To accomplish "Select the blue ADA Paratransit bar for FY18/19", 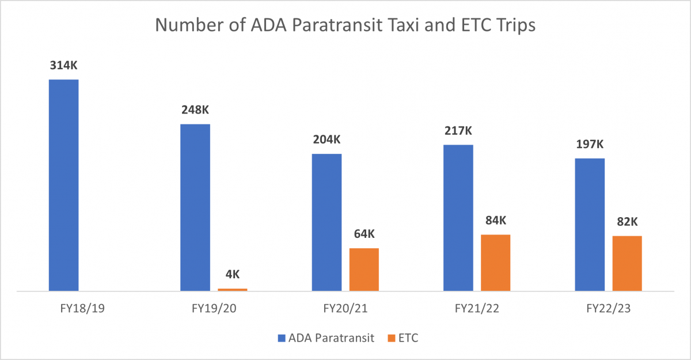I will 64,185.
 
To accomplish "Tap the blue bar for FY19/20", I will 195,207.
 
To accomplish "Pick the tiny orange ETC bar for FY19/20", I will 233,290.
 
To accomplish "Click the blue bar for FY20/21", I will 326,222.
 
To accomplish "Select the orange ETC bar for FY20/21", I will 364,270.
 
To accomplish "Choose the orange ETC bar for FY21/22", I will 496,263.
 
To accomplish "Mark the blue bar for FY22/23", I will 590,225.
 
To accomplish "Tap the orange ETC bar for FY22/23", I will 627,263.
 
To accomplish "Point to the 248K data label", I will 195,110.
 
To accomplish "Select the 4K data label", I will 233,274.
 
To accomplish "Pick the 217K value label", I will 458,131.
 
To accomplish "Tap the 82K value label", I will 627,222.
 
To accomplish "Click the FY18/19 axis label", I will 64,309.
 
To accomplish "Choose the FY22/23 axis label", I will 608,309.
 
